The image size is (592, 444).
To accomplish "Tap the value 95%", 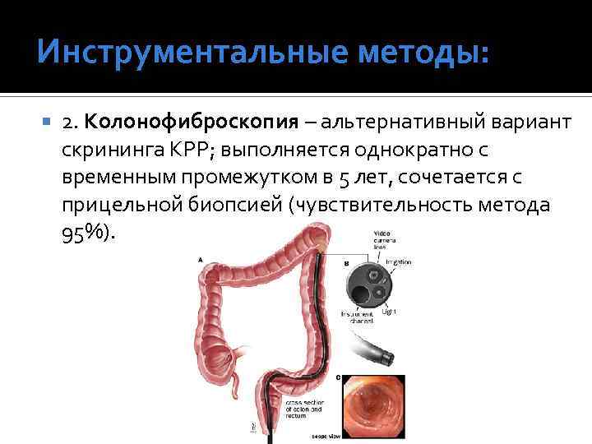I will pos(84,234).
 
